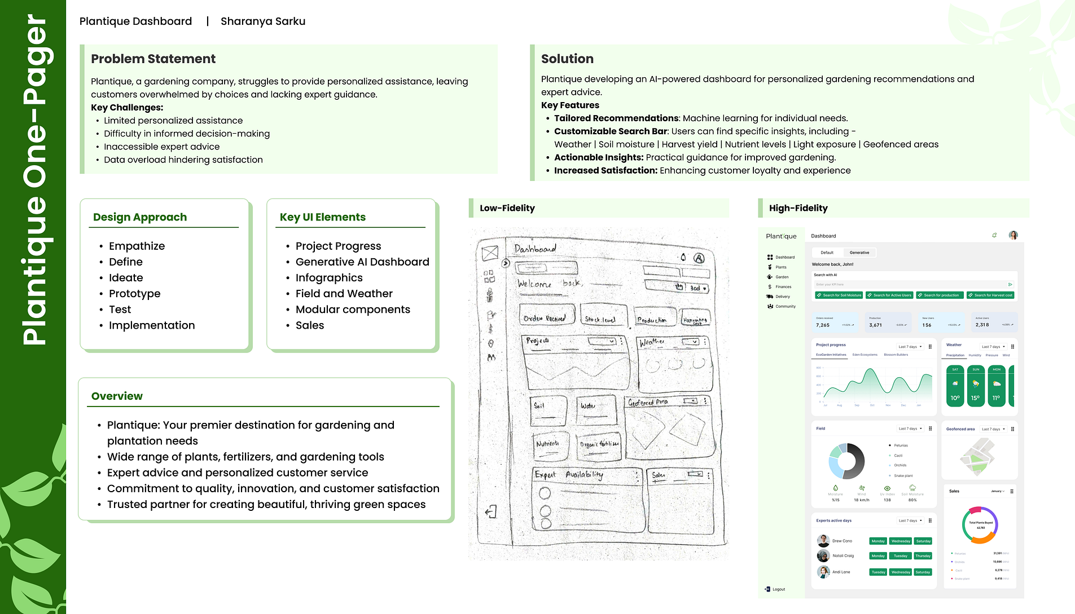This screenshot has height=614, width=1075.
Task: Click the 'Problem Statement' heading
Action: [153, 59]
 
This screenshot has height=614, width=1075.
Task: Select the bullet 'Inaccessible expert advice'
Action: [161, 147]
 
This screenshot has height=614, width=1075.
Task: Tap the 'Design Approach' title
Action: [140, 217]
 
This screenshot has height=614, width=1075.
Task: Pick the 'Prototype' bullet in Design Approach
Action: [134, 294]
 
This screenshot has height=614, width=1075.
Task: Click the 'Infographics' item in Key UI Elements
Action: [329, 278]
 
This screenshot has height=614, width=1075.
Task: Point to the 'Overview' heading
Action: [117, 396]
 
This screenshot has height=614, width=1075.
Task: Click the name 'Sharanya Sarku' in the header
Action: [263, 21]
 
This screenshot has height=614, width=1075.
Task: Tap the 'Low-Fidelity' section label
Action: [507, 208]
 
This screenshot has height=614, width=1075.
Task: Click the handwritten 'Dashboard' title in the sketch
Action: [535, 249]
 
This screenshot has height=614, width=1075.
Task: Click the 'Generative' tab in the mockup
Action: [859, 253]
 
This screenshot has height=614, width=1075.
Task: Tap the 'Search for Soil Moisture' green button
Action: [839, 295]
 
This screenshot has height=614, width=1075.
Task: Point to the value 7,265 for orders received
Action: [823, 325]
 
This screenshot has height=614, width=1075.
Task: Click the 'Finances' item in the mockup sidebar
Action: [783, 287]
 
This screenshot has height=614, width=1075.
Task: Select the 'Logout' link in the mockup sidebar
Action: [778, 589]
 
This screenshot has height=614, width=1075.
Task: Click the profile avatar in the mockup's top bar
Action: [1013, 236]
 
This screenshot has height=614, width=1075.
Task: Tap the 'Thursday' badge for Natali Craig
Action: [923, 556]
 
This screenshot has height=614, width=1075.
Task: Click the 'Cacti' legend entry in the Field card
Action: [898, 456]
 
